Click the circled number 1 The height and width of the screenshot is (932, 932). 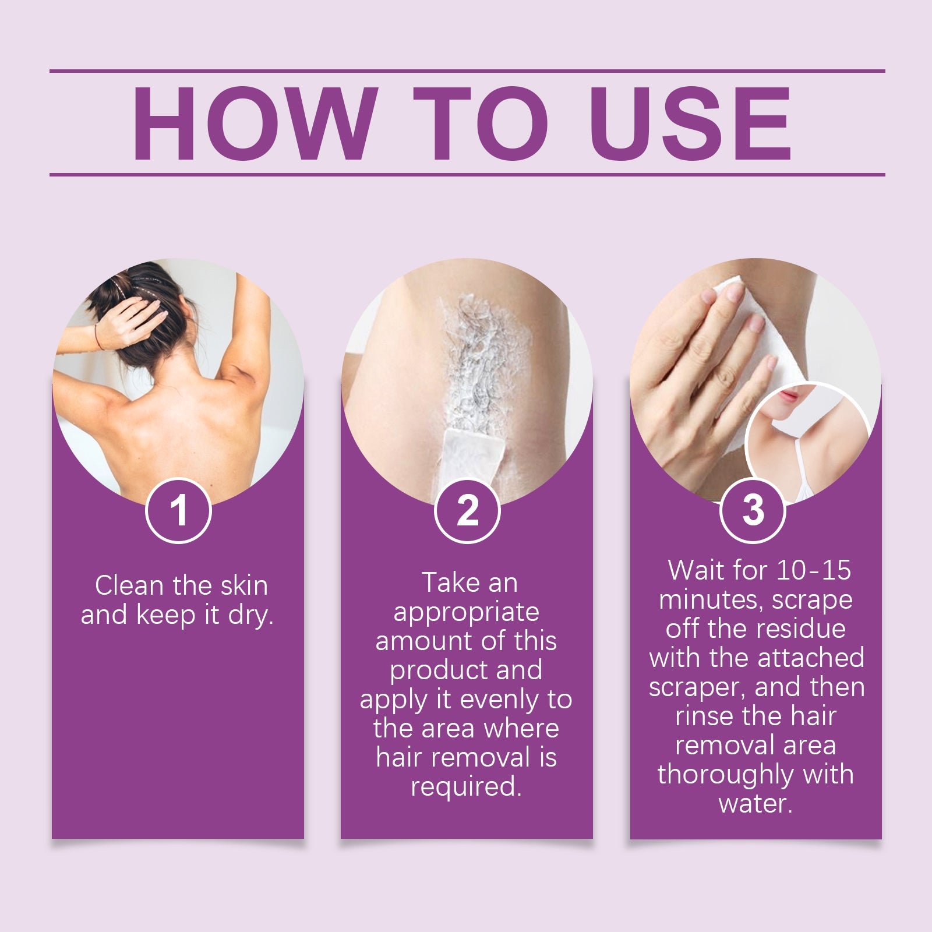click(178, 510)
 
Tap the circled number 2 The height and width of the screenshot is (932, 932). click(467, 510)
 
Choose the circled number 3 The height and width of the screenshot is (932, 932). click(753, 510)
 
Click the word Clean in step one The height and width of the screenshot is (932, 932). click(129, 586)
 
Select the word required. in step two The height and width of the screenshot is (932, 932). click(465, 787)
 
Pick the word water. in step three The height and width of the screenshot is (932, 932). click(756, 804)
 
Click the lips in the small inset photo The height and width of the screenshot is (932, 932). click(788, 396)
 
